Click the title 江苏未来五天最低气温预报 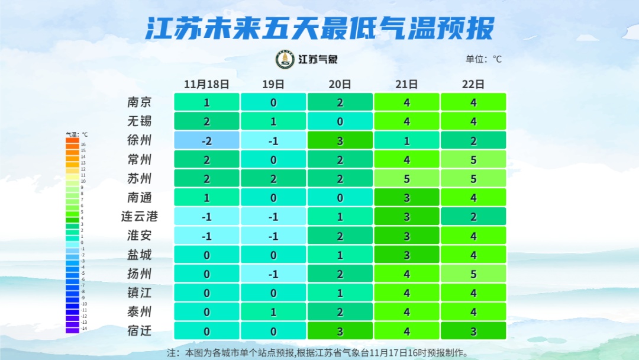click(x=319, y=28)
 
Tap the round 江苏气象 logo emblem click(x=285, y=59)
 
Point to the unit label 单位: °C click(x=483, y=59)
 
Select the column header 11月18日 click(x=206, y=84)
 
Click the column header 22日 click(x=473, y=84)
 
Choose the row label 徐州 click(x=140, y=140)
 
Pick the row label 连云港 click(x=140, y=216)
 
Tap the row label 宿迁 click(x=140, y=330)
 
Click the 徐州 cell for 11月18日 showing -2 click(x=206, y=140)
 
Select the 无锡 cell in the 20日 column click(x=340, y=121)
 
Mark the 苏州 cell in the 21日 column click(x=406, y=178)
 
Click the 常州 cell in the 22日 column click(x=473, y=159)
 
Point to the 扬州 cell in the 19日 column click(x=273, y=274)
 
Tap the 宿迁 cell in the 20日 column click(x=340, y=330)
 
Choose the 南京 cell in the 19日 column click(x=273, y=102)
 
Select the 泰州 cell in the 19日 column click(x=273, y=311)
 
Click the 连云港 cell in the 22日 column click(x=473, y=217)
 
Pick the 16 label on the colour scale click(x=83, y=144)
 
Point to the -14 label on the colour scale click(x=83, y=329)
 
